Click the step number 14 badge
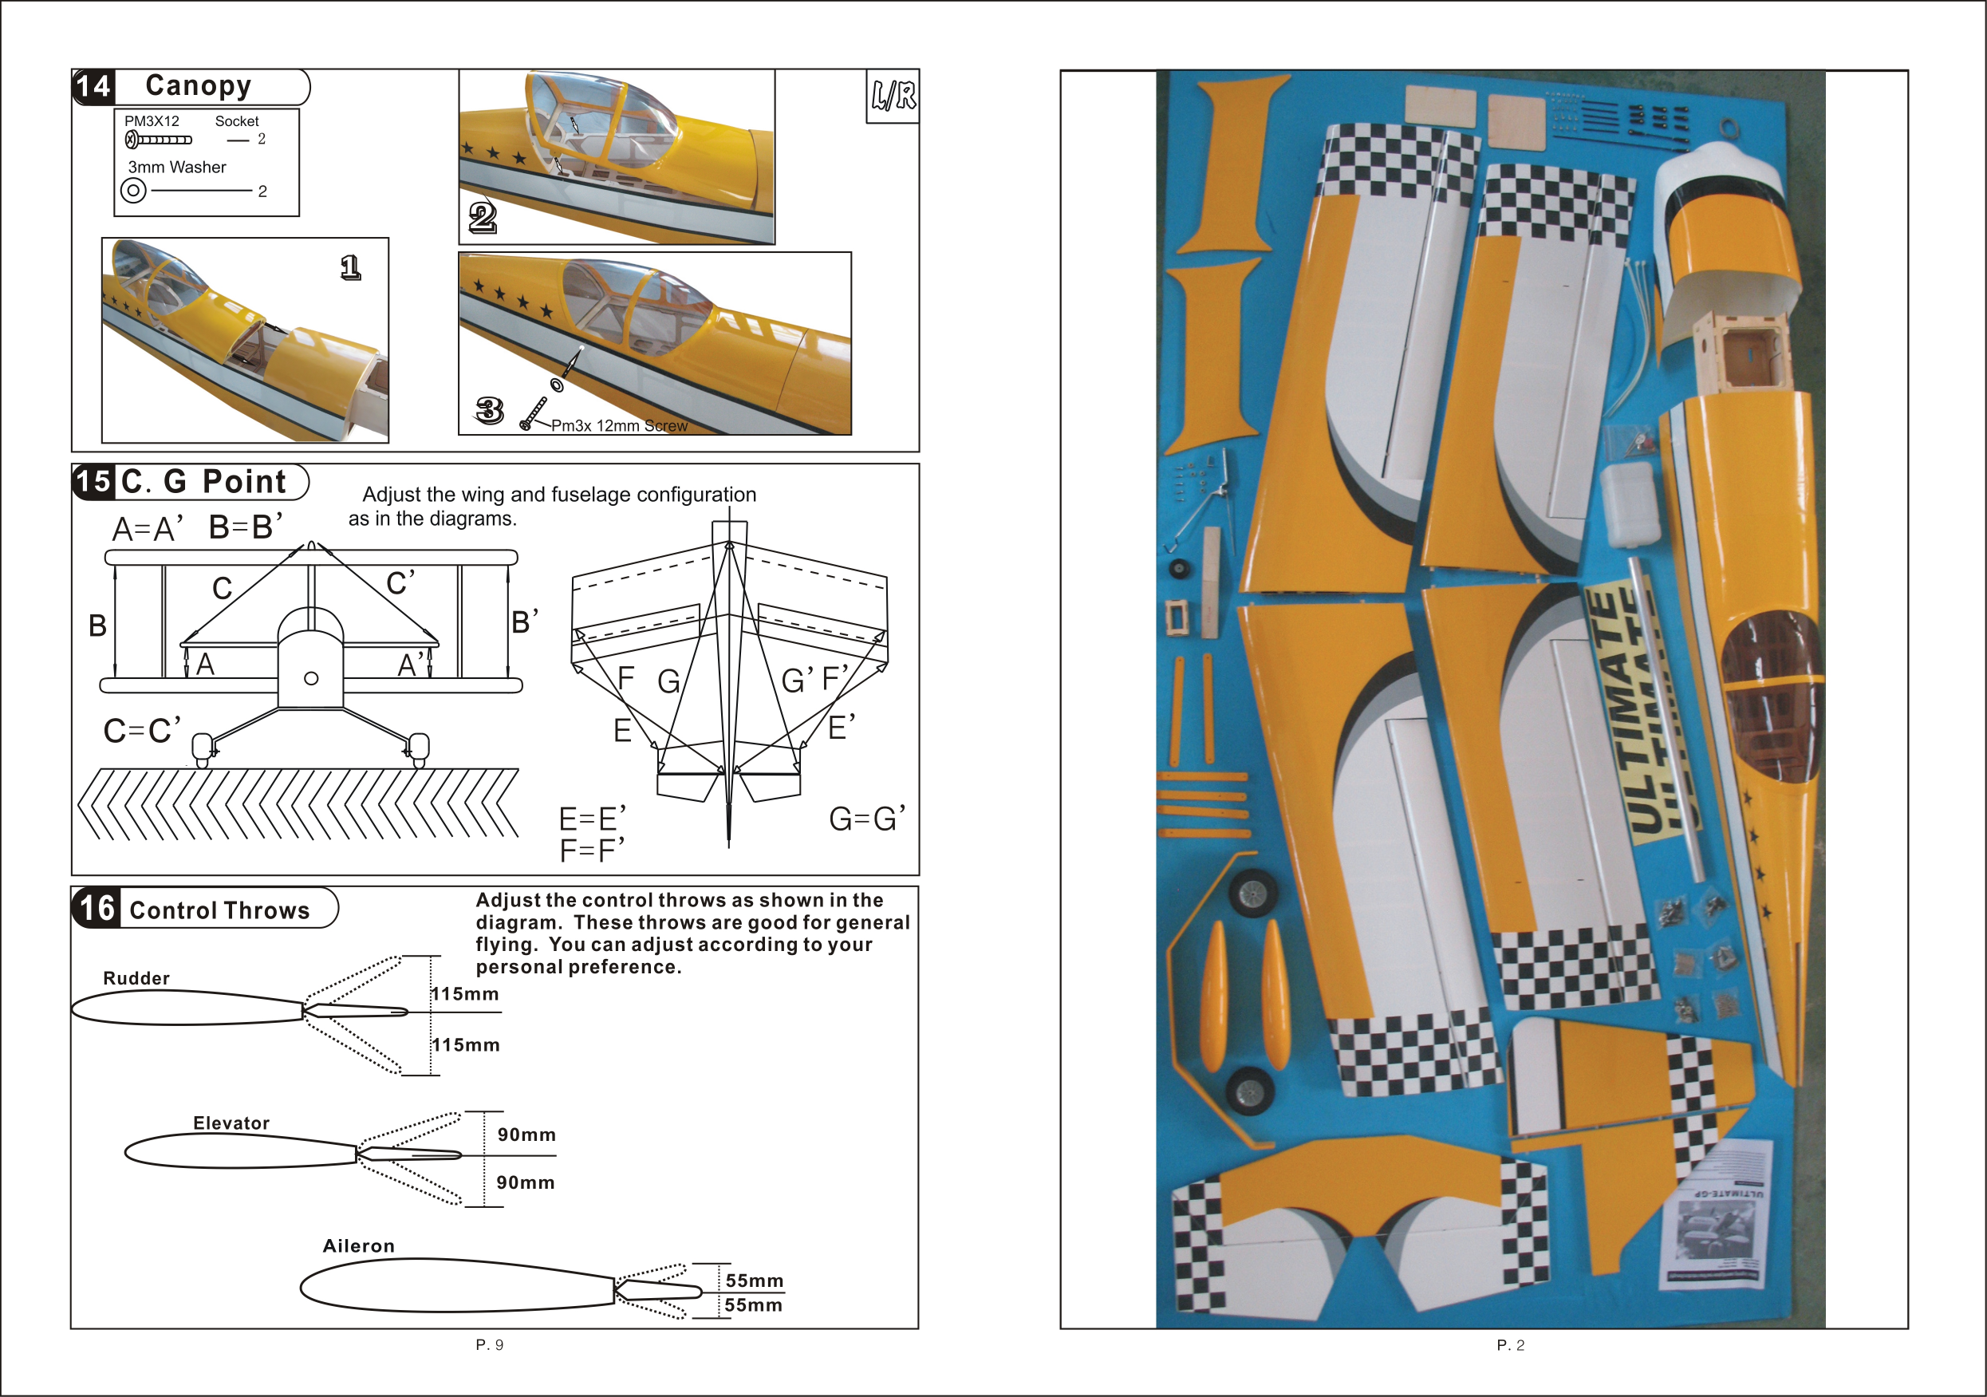pos(93,86)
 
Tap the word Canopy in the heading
pos(198,85)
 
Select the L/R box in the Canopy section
pos(893,96)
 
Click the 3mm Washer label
pos(176,167)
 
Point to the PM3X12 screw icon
pos(159,140)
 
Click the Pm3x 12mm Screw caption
pos(619,426)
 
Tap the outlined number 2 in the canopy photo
pos(482,216)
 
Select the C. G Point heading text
pos(203,481)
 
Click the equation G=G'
pos(866,818)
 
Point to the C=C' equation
pos(142,731)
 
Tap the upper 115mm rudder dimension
pos(466,993)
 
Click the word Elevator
pos(231,1123)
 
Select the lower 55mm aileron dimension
pos(753,1305)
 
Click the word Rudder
pos(136,978)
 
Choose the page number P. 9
pos(489,1344)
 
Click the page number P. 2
pos(1510,1345)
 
